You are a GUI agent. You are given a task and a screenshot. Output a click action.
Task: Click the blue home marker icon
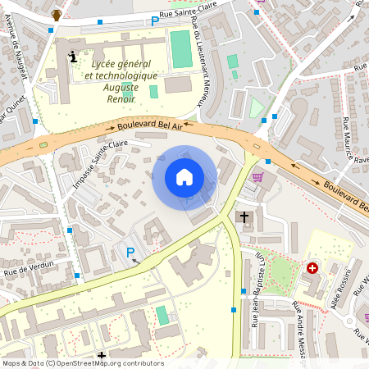point(184,177)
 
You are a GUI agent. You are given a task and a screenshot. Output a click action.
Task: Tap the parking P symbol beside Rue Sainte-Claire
point(155,20)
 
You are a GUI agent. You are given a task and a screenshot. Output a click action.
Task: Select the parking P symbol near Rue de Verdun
point(129,252)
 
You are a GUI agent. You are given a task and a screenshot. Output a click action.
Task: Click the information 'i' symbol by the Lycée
point(73,57)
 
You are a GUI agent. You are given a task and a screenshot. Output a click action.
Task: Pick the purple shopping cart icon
point(257,177)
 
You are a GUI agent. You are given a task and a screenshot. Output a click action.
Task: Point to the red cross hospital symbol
point(312,268)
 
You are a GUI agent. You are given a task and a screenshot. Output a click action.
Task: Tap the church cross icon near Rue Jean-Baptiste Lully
point(243,217)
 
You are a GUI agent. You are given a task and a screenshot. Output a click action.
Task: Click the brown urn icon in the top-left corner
point(57,15)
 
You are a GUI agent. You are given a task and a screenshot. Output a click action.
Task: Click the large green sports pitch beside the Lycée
point(180,49)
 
